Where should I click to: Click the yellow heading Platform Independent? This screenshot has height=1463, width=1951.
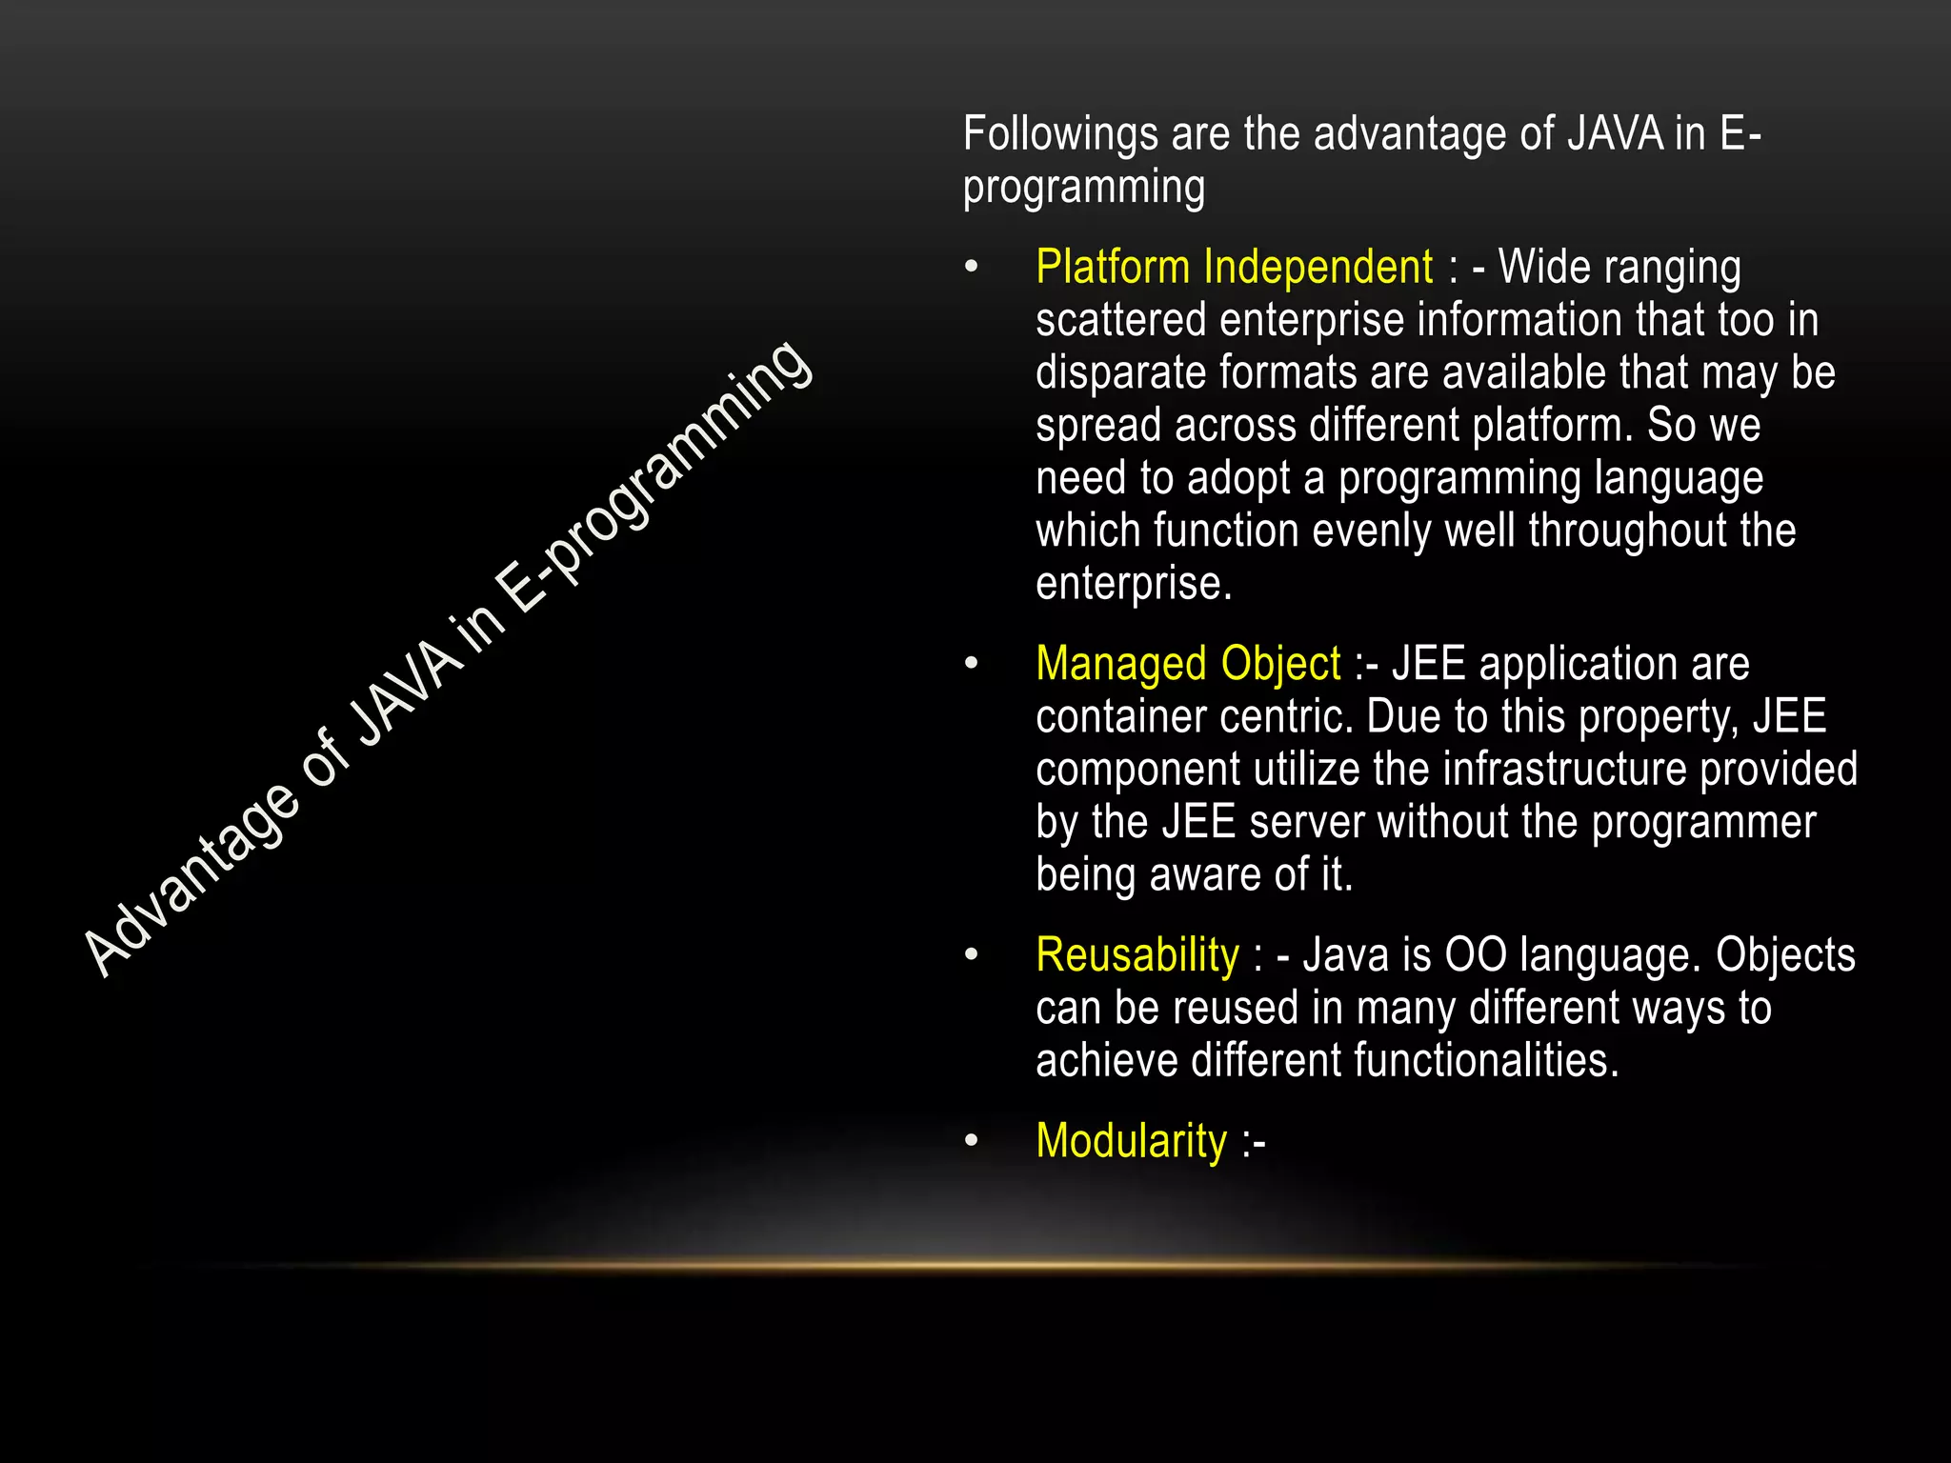click(1234, 268)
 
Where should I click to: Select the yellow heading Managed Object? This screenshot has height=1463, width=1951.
click(1188, 664)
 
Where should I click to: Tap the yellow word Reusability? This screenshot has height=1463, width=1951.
click(1137, 955)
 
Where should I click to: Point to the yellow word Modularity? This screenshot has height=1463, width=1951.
click(1132, 1141)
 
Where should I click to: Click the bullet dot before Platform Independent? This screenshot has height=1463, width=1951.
click(971, 269)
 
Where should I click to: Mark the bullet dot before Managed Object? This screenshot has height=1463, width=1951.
click(971, 664)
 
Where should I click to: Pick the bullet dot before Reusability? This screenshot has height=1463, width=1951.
click(971, 955)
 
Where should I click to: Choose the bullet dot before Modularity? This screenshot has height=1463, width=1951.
click(971, 1141)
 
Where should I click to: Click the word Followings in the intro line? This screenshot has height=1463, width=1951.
click(1060, 134)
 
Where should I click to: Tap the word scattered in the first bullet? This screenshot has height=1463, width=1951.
click(1121, 320)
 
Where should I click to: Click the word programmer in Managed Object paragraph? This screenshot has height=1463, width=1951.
click(1703, 823)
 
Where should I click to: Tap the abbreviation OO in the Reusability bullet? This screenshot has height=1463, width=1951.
click(1476, 955)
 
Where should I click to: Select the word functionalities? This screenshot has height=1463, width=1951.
click(1486, 1061)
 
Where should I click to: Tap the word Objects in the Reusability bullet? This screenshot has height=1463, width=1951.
click(1785, 955)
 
